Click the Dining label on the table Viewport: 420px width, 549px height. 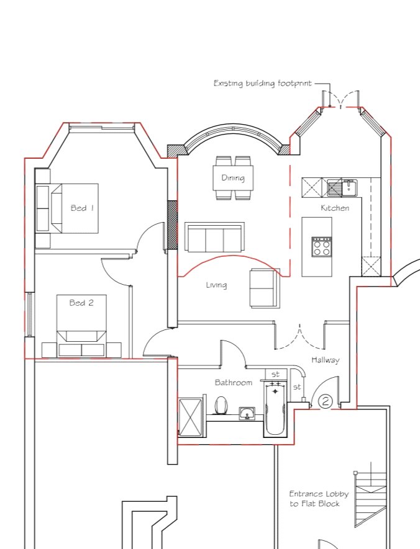pos(233,178)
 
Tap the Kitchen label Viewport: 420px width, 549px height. pos(335,208)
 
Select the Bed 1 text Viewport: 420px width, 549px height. pos(82,208)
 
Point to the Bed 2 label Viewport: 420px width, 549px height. pos(81,303)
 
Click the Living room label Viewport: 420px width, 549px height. pos(216,285)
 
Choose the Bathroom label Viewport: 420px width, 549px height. pos(234,382)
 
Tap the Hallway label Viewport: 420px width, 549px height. pos(326,360)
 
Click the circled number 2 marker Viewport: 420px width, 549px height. pos(326,401)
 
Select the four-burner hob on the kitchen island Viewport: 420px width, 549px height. pos(322,247)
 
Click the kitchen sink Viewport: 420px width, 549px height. pos(342,187)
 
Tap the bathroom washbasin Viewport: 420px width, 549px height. pos(247,414)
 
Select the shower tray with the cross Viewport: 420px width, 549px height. pos(190,417)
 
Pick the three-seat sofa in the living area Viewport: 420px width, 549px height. pos(214,237)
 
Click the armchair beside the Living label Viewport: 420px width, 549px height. pos(265,288)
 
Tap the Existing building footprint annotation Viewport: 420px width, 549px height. pos(263,83)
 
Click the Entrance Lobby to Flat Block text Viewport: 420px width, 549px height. pos(319,499)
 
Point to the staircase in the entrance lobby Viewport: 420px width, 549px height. pos(370,499)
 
